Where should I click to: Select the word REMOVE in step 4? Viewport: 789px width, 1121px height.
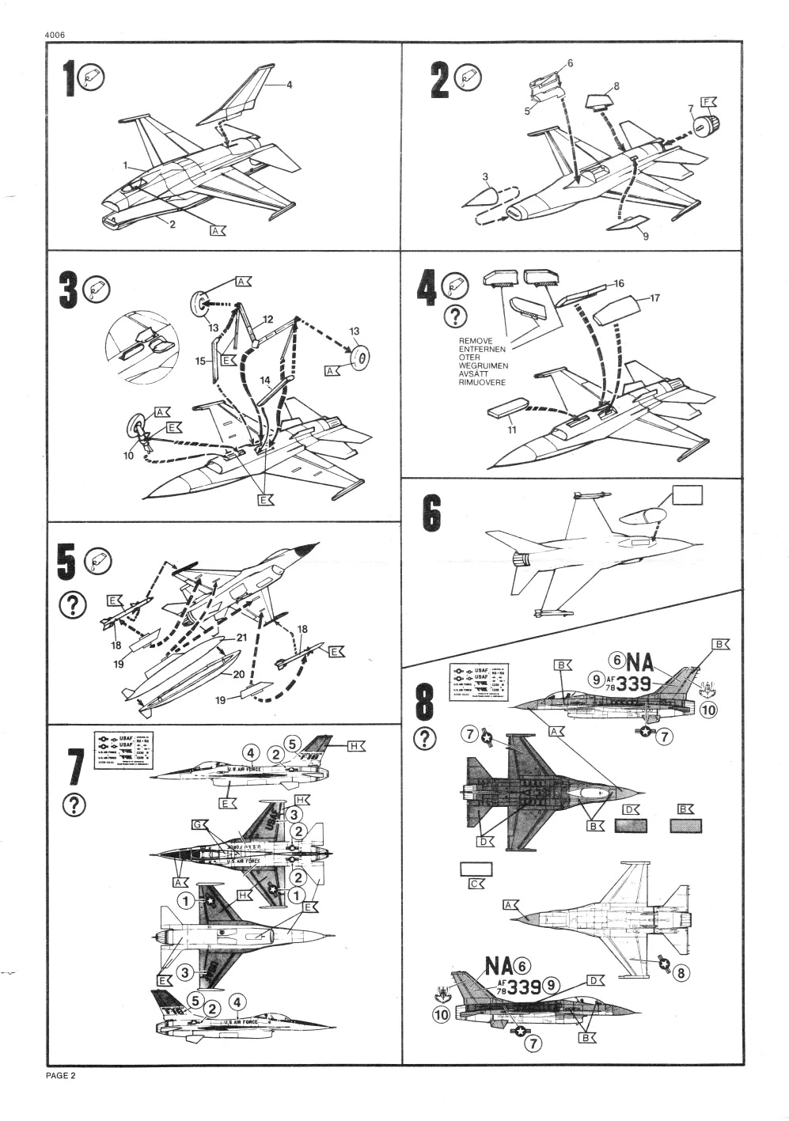476,341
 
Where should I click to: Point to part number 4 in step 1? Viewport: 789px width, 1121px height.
289,85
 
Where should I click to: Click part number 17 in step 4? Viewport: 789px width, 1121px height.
654,298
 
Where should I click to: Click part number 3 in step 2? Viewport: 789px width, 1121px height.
485,176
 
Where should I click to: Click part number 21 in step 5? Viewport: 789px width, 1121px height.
242,638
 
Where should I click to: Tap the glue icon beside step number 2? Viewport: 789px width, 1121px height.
473,77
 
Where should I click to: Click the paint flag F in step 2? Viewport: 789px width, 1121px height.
708,102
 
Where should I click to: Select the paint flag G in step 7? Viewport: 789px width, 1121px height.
199,824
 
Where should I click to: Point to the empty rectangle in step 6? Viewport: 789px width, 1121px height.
687,495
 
